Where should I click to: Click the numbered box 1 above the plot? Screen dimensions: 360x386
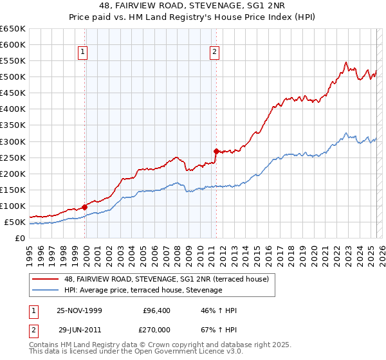84,53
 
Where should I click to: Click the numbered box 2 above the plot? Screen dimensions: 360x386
214,53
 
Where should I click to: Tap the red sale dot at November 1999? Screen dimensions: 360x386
85,207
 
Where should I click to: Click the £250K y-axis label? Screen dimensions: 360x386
13,157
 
